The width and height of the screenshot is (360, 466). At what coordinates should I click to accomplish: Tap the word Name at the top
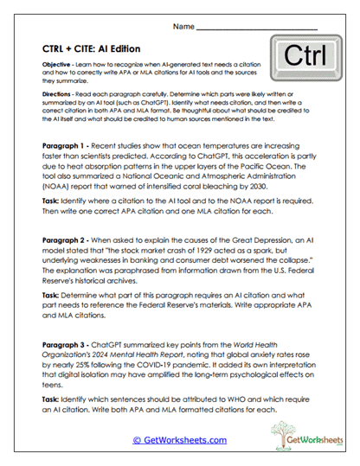pyautogui.click(x=183, y=27)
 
